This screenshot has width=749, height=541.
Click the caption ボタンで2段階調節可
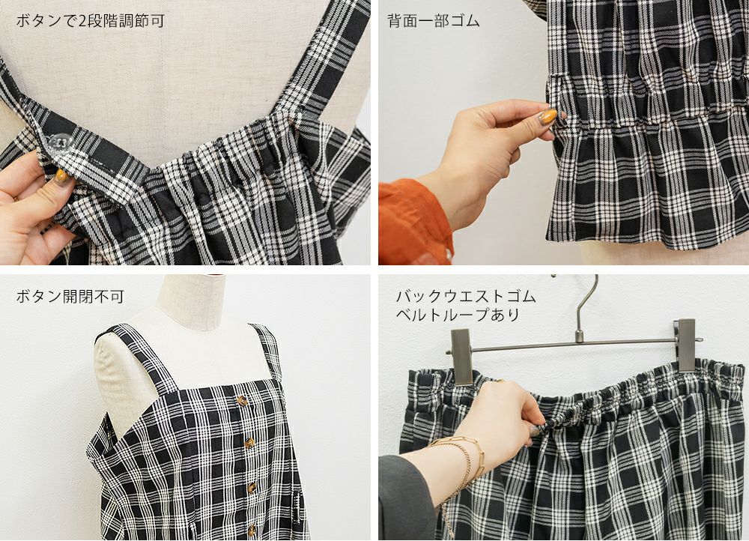[x=91, y=21]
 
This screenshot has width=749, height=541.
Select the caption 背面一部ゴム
[x=433, y=21]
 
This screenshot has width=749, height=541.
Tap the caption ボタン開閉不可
[x=70, y=296]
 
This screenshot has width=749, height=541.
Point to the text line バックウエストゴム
[x=466, y=296]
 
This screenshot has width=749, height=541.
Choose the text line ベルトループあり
[x=458, y=315]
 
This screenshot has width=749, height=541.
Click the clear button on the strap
[x=61, y=142]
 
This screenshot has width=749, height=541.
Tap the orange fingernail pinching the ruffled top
[x=548, y=116]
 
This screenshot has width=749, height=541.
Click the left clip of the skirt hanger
[x=461, y=357]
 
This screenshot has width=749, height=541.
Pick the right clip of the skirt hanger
[x=686, y=345]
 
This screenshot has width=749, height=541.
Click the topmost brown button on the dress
[x=242, y=401]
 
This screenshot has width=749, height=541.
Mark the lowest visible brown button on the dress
[x=252, y=531]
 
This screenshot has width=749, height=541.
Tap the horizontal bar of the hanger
[x=573, y=345]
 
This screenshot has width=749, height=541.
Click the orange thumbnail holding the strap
[x=61, y=176]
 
